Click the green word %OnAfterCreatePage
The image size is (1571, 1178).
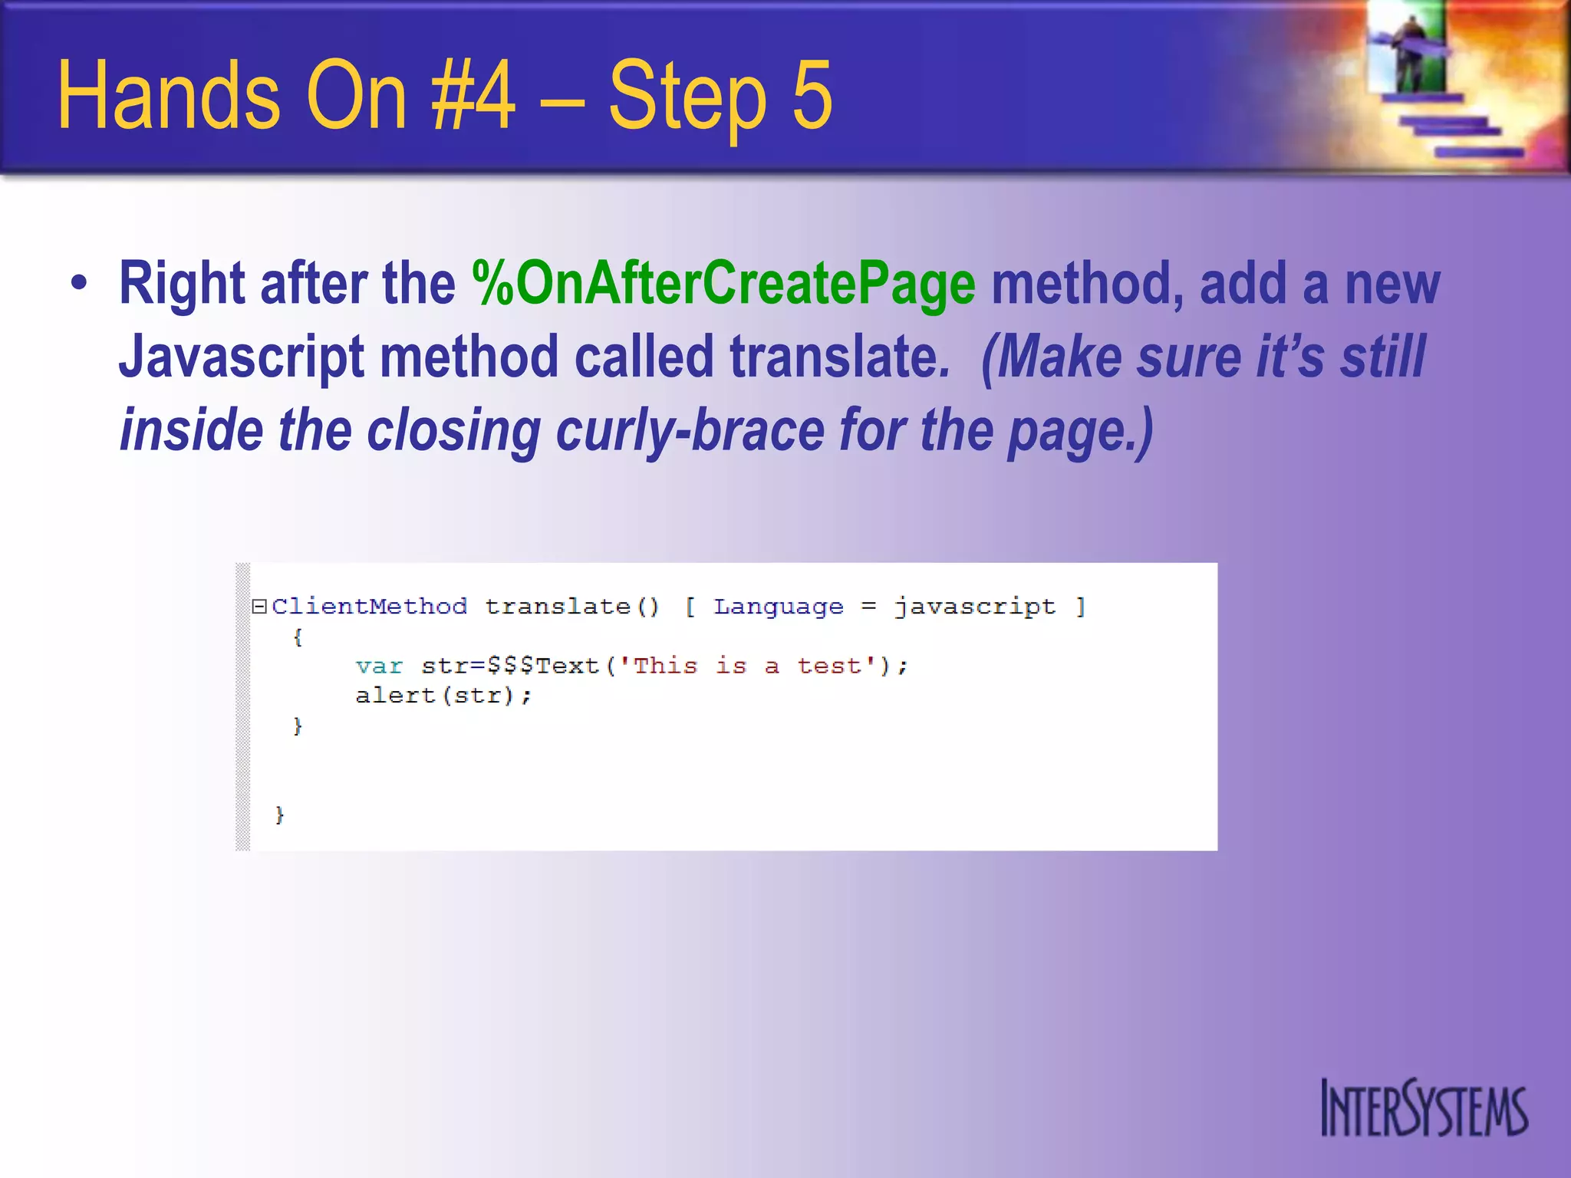coord(723,284)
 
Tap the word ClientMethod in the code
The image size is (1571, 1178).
coord(369,607)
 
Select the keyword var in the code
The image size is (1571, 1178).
coord(379,666)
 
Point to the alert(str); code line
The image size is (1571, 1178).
coord(443,696)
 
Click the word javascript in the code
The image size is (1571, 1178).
coord(975,607)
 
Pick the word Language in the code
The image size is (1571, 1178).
coord(778,607)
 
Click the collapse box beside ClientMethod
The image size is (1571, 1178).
coord(259,607)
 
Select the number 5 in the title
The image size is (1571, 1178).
coord(812,96)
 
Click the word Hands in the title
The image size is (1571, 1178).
coord(170,96)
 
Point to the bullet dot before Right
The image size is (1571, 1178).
coord(79,283)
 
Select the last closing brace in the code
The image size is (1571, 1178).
coord(279,814)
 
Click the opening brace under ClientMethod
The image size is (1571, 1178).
coord(298,637)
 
